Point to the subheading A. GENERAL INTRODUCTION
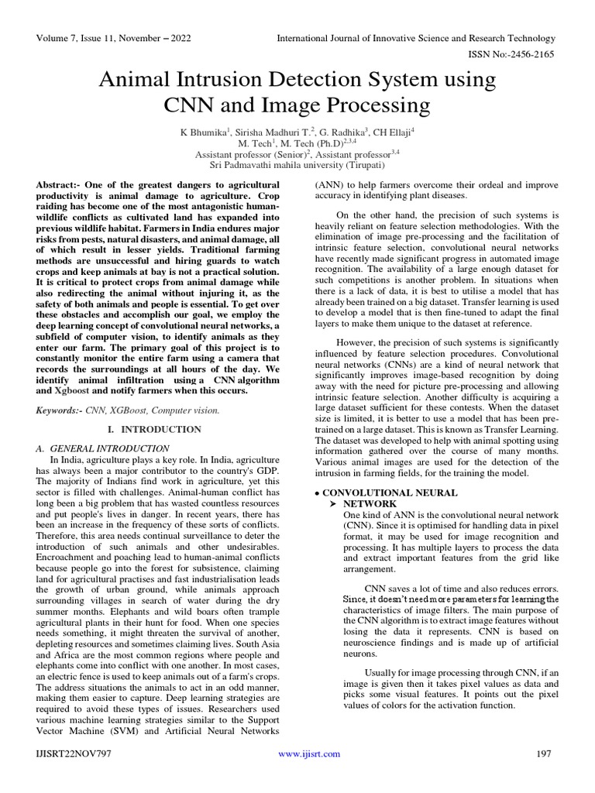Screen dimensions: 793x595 pyautogui.click(x=103, y=448)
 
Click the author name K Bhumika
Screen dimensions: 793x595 pyautogui.click(x=201, y=132)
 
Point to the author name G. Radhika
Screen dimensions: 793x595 pyautogui.click(x=339, y=132)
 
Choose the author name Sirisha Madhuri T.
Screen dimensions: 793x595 pyautogui.click(x=270, y=132)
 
